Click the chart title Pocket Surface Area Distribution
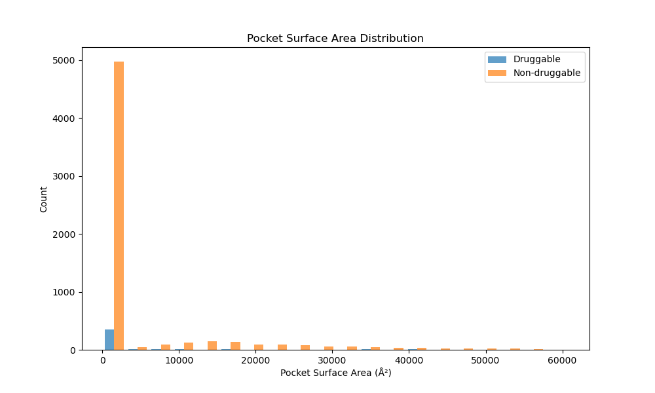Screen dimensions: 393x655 pyautogui.click(x=335, y=39)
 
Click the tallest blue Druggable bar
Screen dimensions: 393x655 pyautogui.click(x=109, y=339)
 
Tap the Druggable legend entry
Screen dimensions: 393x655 pyautogui.click(x=536, y=59)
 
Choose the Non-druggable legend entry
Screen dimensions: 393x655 pyautogui.click(x=546, y=73)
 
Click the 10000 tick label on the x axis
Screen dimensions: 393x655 pyautogui.click(x=179, y=361)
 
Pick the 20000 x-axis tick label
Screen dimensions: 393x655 pyautogui.click(x=255, y=361)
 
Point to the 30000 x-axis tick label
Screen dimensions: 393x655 pyautogui.click(x=332, y=361)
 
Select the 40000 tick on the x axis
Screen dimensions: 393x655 pyautogui.click(x=409, y=361)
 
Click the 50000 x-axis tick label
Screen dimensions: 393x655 pyautogui.click(x=485, y=361)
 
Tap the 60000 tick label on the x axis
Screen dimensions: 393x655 pyautogui.click(x=562, y=361)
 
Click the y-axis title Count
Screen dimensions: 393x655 pyautogui.click(x=44, y=199)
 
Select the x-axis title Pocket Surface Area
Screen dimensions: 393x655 pyautogui.click(x=335, y=373)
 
